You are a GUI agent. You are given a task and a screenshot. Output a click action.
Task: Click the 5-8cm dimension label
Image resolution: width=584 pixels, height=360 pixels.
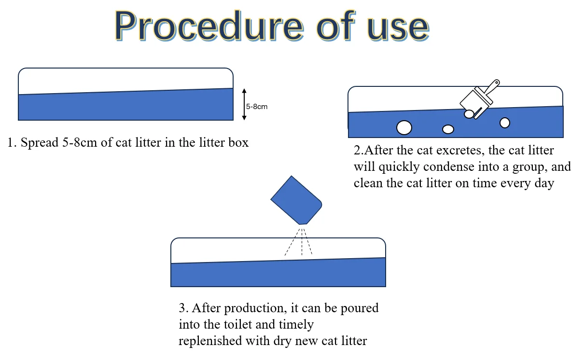[257, 107]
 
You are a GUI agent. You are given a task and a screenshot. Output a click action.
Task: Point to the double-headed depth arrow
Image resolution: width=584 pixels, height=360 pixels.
[244, 104]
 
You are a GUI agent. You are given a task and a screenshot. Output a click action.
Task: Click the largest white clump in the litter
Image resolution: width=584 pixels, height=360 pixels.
[404, 128]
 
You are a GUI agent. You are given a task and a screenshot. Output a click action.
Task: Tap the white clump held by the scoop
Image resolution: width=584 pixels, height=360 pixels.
[469, 114]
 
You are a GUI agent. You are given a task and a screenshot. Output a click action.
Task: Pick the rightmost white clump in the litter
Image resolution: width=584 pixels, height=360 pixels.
[505, 123]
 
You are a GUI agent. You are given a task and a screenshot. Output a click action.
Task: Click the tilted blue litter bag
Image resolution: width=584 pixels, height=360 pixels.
[296, 200]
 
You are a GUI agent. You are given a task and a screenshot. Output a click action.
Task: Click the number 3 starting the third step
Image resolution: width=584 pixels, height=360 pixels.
[182, 308]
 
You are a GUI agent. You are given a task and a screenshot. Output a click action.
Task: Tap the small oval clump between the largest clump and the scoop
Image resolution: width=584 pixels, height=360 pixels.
[448, 129]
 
